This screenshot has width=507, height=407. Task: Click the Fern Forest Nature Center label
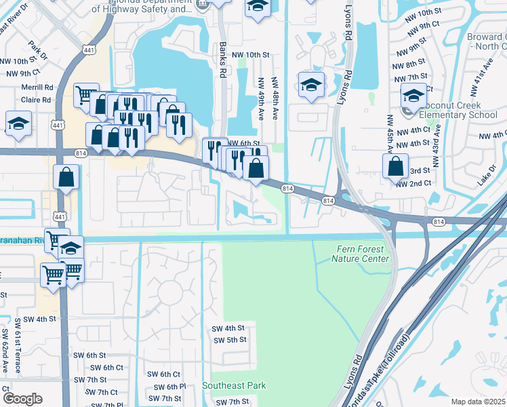(x=362, y=254)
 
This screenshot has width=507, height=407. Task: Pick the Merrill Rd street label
(x=37, y=88)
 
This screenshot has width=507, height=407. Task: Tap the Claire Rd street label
(x=36, y=99)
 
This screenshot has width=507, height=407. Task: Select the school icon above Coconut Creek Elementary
(x=413, y=95)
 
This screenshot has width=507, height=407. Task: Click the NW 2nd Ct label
(x=413, y=184)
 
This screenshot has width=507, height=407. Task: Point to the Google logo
(x=22, y=399)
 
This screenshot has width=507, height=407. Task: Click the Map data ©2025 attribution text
(x=477, y=402)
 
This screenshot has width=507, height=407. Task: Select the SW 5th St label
(x=230, y=340)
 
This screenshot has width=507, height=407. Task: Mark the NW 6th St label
(x=244, y=143)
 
